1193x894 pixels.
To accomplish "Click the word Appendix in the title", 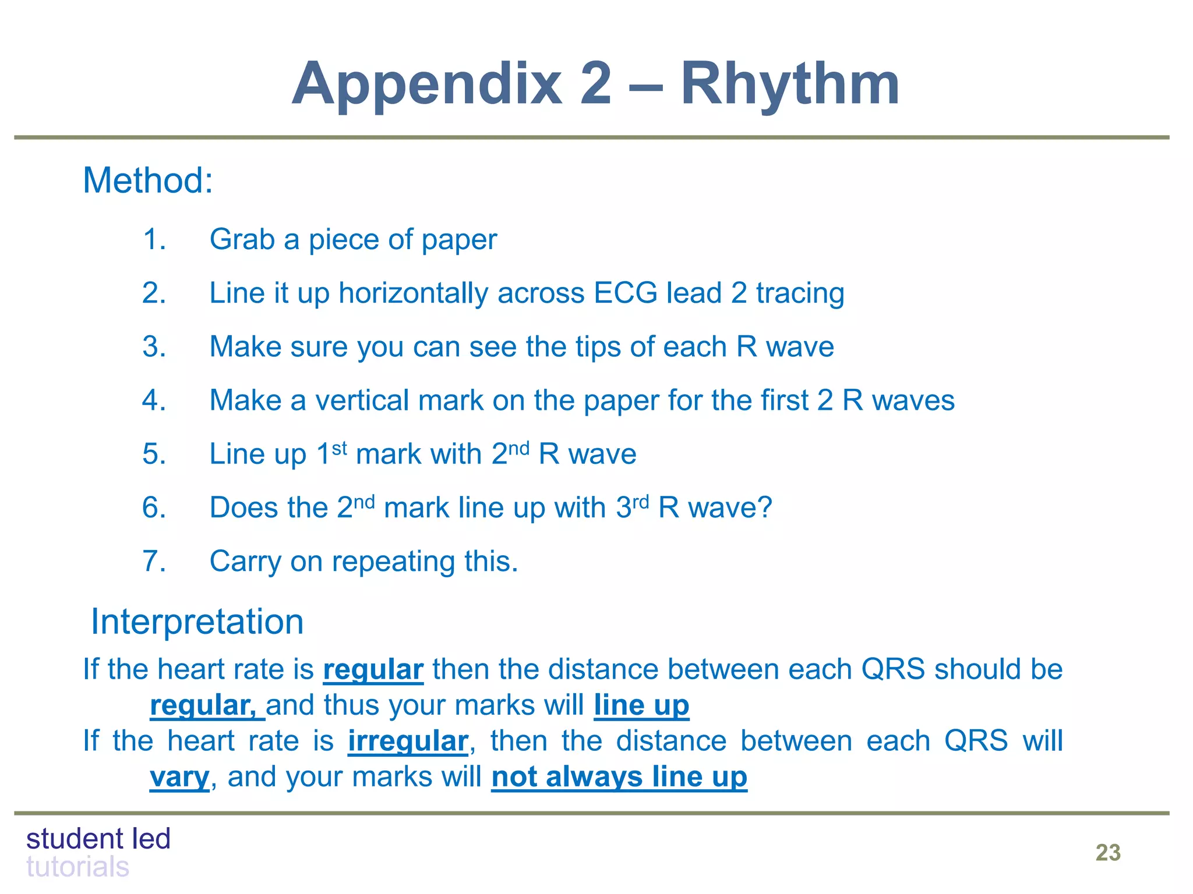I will (427, 85).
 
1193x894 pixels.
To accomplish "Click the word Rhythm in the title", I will (790, 85).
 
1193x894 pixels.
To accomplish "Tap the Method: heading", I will (148, 180).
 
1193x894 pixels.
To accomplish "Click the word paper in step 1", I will (460, 240).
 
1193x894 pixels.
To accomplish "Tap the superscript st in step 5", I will (340, 448).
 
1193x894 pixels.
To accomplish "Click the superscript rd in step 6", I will (641, 501).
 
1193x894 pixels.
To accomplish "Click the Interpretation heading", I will (197, 622).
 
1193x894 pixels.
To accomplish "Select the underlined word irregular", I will (408, 742).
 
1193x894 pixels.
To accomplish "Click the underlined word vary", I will (179, 778).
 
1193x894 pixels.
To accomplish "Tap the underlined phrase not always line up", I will (619, 778).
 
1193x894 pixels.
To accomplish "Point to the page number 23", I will (1107, 853).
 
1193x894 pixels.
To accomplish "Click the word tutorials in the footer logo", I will (77, 867).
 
